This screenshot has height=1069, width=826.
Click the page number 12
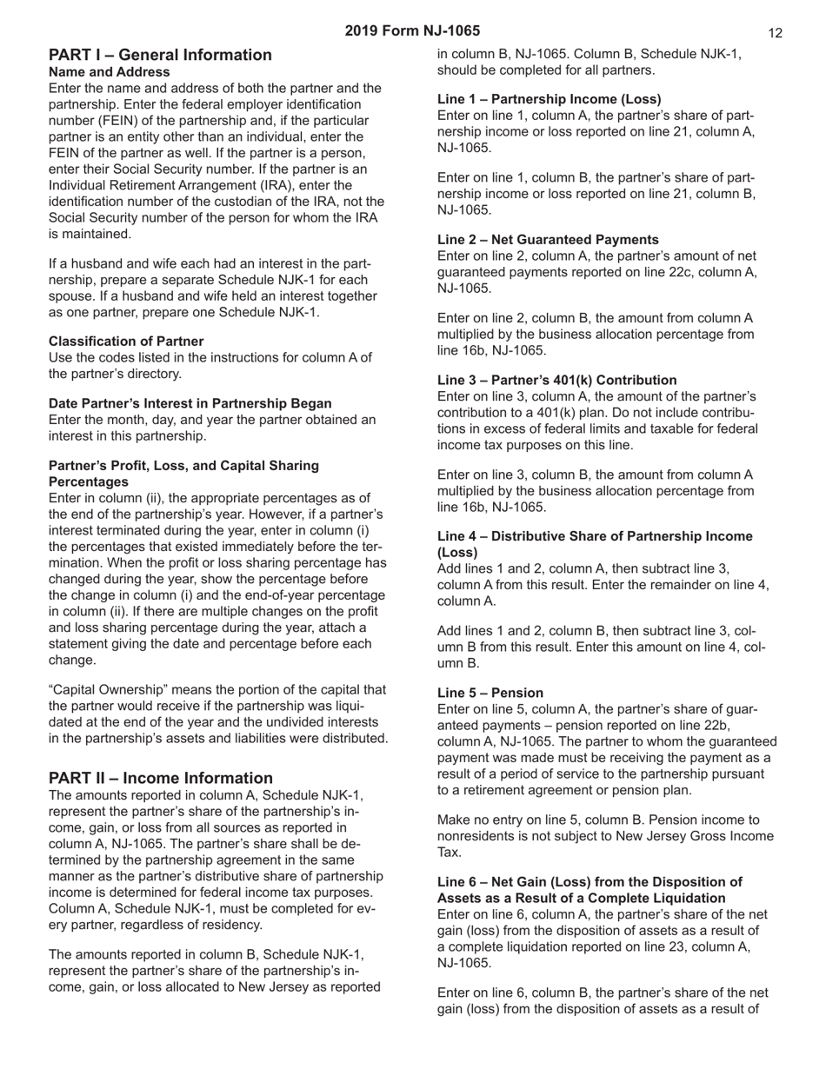click(x=776, y=33)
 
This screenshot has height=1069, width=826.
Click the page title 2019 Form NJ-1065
click(x=412, y=30)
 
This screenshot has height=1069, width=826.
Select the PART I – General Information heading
click(x=160, y=55)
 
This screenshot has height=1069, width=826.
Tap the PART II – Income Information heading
click(x=161, y=778)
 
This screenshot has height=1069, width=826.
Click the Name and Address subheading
click(x=110, y=72)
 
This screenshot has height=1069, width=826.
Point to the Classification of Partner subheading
click(x=126, y=342)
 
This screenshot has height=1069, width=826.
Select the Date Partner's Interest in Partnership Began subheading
click(x=190, y=403)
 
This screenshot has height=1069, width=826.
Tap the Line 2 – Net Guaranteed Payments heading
click(x=548, y=240)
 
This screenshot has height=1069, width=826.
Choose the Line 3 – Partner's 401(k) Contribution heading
click(x=556, y=380)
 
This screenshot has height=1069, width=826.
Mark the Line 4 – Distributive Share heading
click(x=595, y=536)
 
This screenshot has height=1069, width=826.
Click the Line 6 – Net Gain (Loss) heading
click(x=590, y=882)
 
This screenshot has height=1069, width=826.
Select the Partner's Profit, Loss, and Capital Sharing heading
click(x=183, y=466)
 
